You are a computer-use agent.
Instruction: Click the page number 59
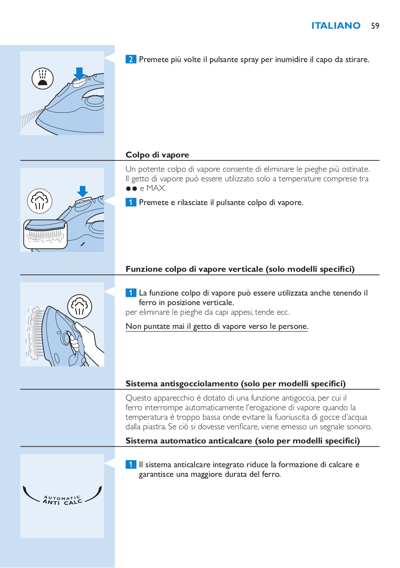[x=375, y=26]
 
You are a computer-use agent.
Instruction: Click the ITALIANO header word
[x=335, y=26]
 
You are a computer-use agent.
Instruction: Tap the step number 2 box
[x=131, y=59]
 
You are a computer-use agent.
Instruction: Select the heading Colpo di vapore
[x=157, y=155]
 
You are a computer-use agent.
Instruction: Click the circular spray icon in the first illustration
[x=42, y=78]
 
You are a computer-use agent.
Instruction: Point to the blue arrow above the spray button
[x=79, y=73]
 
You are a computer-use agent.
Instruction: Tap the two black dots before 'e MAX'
[x=131, y=189]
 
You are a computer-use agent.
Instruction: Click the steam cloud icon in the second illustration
[x=40, y=201]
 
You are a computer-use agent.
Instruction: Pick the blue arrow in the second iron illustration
[x=82, y=191]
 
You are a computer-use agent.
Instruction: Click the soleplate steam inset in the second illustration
[x=45, y=234]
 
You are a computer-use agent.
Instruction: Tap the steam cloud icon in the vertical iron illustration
[x=79, y=307]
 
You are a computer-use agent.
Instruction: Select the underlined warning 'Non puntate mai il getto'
[x=217, y=326]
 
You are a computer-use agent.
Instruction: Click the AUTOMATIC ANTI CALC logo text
[x=62, y=500]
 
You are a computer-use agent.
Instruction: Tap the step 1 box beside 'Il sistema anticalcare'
[x=131, y=464]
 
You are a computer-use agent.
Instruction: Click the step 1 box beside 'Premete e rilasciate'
[x=131, y=202]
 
